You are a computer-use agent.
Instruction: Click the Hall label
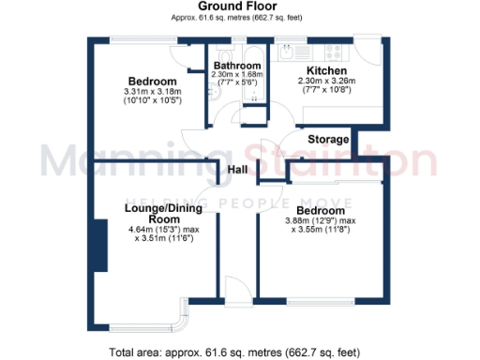point(237,169)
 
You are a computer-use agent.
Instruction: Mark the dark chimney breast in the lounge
point(97,245)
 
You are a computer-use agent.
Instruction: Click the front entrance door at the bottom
point(240,292)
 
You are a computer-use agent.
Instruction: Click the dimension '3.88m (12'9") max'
point(321,220)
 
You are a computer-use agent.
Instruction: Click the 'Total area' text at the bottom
point(235,352)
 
